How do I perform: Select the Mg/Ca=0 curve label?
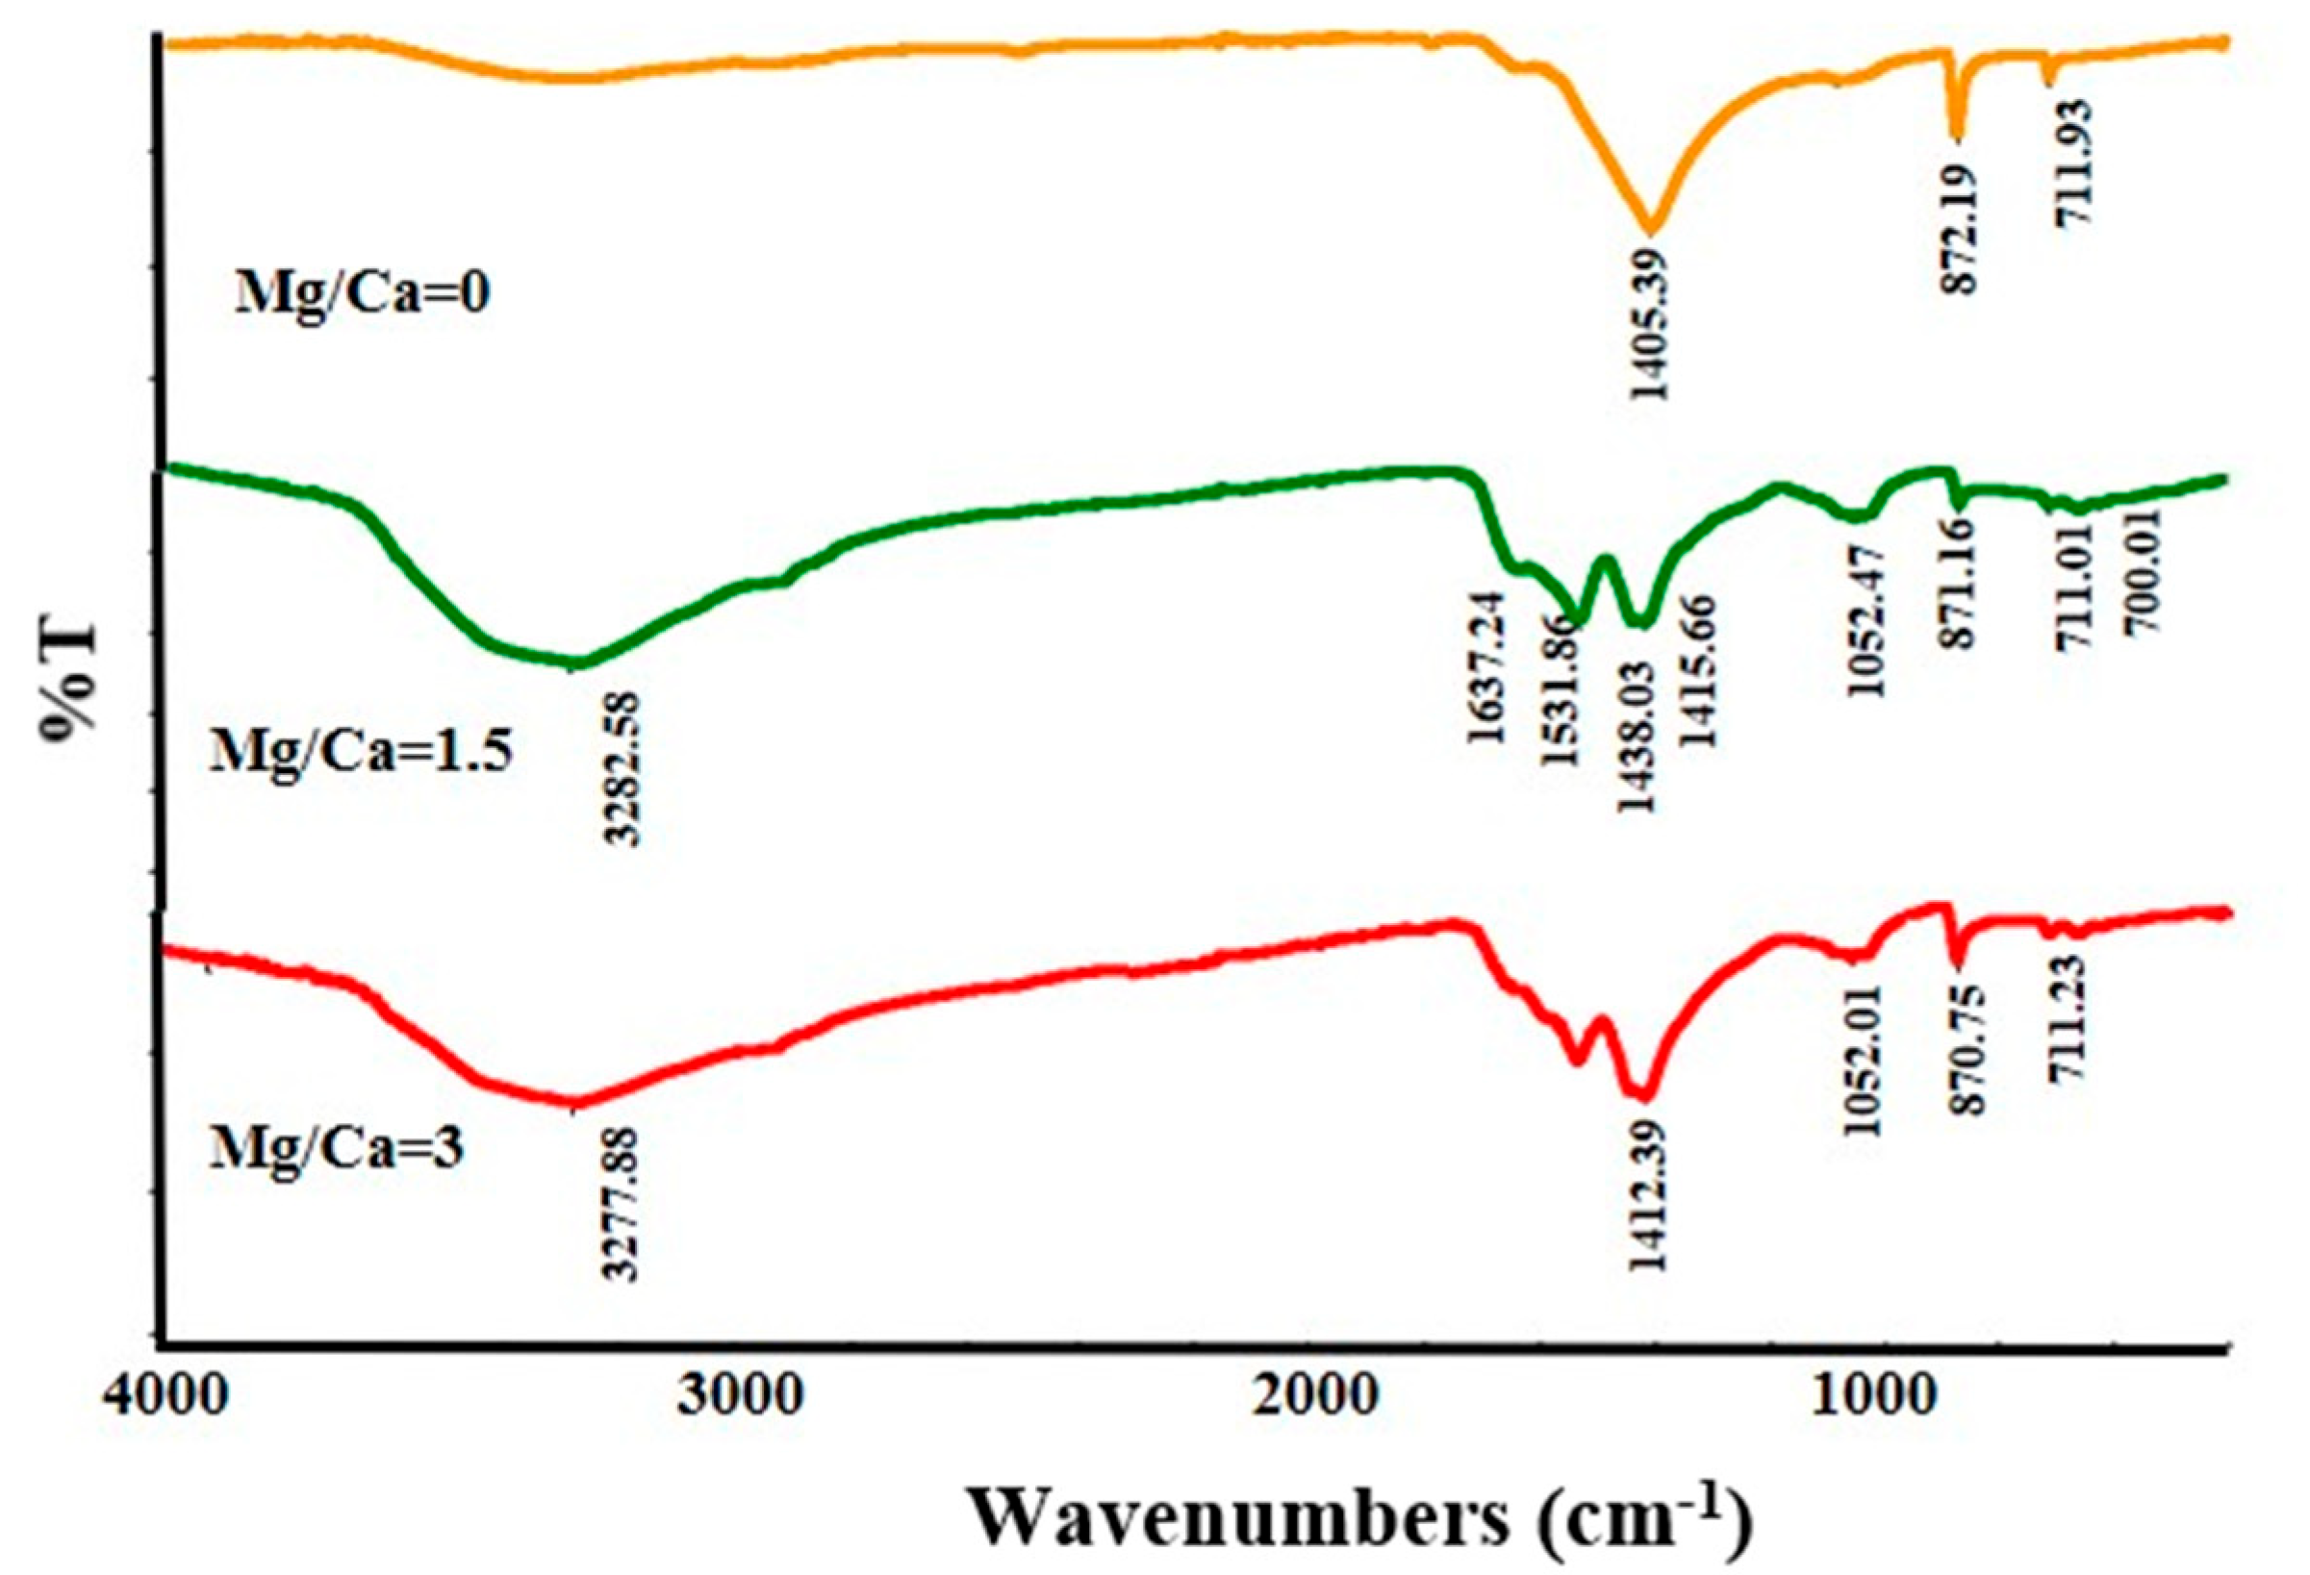(x=362, y=295)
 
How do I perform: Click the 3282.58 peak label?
(x=624, y=768)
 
